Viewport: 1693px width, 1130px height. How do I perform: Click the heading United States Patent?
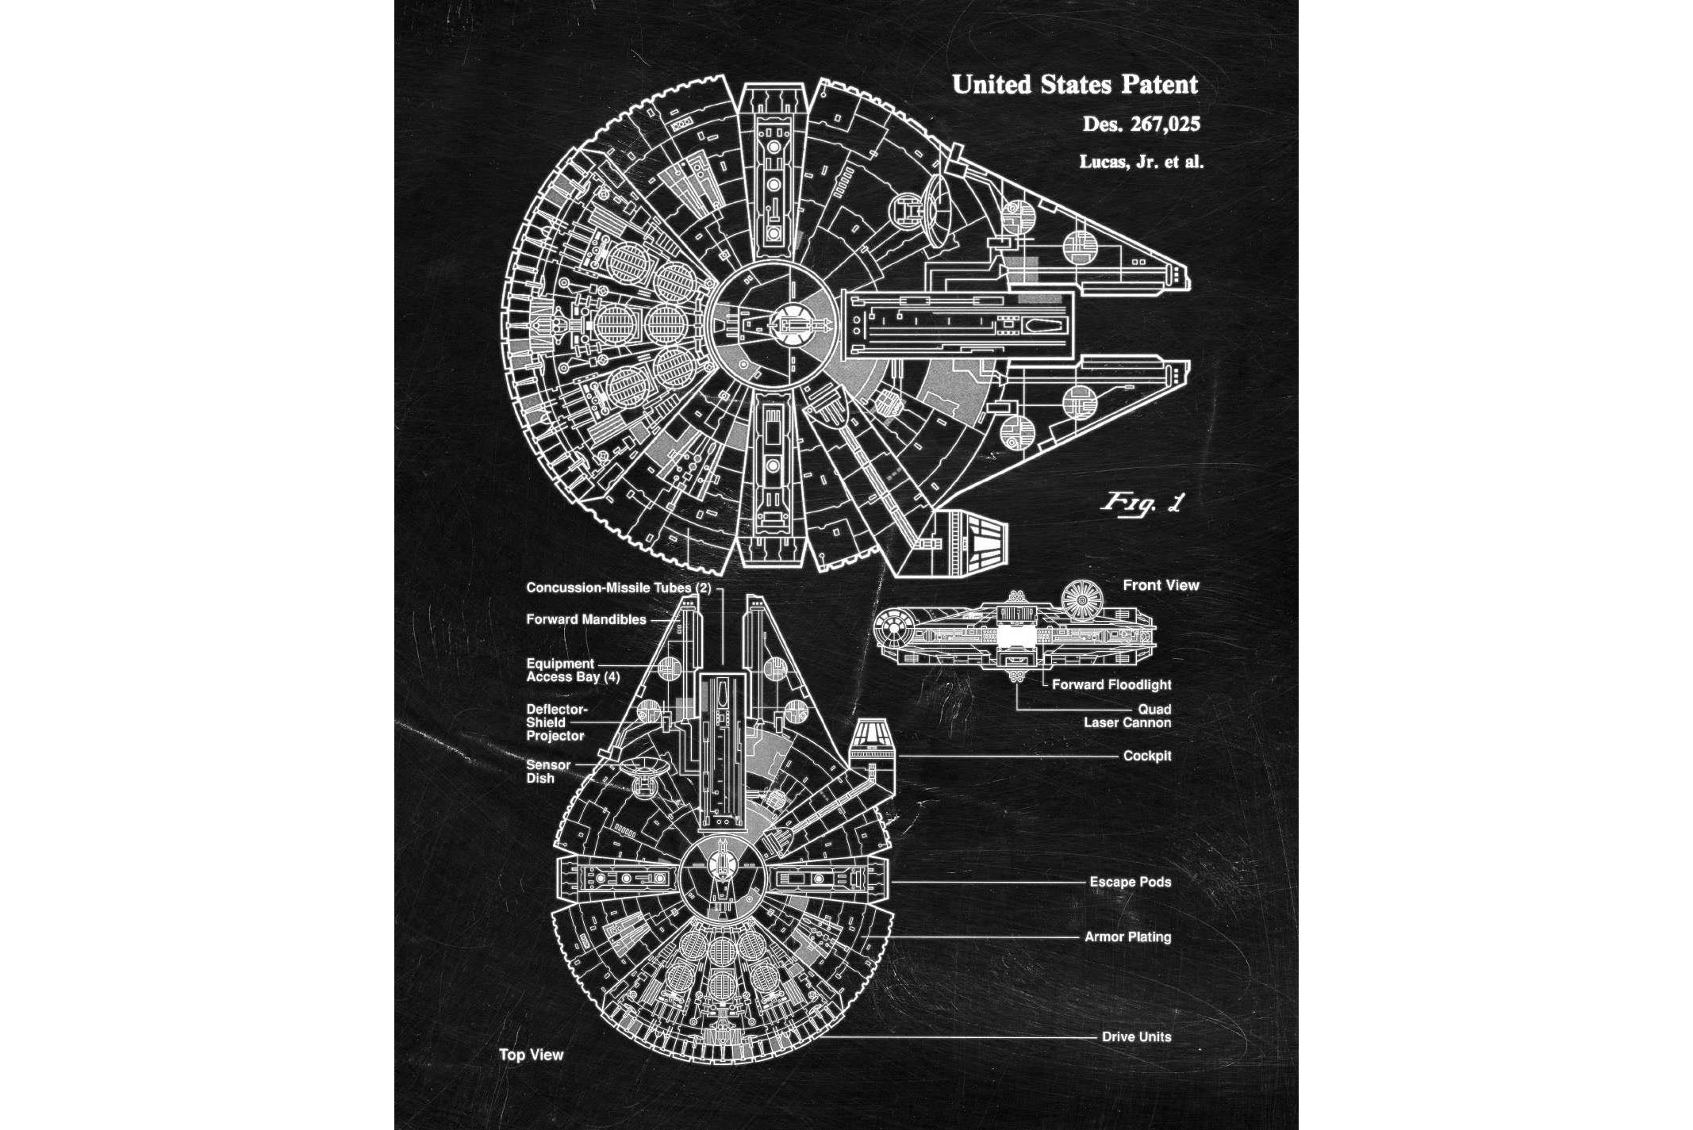1074,84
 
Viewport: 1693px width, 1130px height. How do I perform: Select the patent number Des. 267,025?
1141,124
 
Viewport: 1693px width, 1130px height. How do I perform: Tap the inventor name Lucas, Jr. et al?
1141,162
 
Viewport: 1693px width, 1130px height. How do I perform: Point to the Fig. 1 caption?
1141,503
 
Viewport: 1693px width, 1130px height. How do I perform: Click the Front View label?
1161,585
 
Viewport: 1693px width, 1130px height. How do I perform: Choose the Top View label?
531,1055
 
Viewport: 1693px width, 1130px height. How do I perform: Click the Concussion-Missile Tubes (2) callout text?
619,588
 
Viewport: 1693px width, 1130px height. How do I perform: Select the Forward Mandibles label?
586,619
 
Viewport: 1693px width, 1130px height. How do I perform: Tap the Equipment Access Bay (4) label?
572,670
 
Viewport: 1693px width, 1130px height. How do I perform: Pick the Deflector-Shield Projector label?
556,722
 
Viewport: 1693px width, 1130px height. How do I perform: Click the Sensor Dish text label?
547,772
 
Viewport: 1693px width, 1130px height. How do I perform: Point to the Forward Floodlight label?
1111,684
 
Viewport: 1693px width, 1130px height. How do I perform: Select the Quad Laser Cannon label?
1127,716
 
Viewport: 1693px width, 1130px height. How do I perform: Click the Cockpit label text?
1146,756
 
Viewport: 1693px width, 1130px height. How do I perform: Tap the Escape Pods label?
1130,882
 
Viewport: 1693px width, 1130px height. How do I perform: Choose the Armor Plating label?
1127,937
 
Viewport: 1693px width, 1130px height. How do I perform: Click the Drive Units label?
1136,1036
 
